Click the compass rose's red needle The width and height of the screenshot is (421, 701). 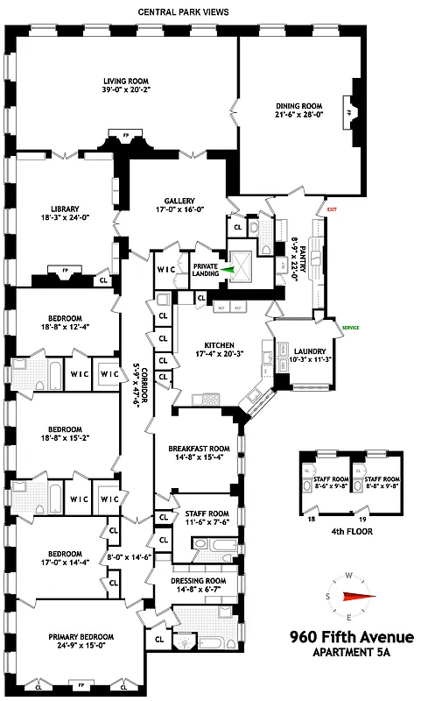click(x=359, y=598)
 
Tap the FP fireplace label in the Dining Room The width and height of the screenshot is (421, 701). click(x=347, y=113)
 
